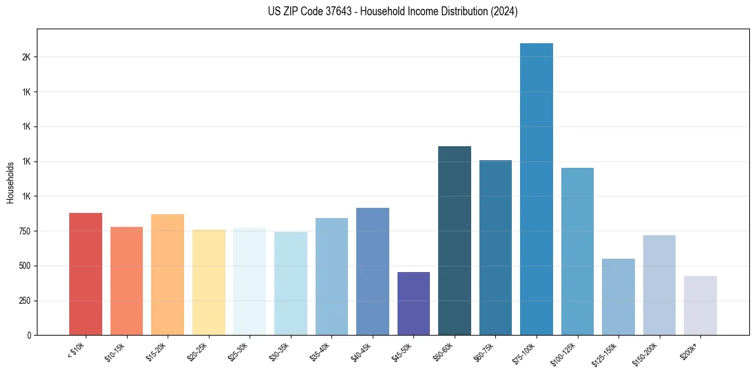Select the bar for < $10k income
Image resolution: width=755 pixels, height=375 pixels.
(86, 274)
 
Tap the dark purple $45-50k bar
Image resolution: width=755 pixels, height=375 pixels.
(413, 303)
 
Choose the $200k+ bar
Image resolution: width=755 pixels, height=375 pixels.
(700, 305)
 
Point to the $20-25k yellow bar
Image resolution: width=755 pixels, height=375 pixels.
(208, 282)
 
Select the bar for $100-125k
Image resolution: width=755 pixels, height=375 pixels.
(577, 251)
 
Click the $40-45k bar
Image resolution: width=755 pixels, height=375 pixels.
(373, 271)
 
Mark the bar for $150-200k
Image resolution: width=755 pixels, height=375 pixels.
(659, 285)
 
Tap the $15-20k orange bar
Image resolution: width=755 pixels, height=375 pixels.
(168, 275)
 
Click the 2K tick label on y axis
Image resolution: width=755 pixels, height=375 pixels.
(26, 57)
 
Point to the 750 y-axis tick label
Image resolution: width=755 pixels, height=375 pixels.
(24, 231)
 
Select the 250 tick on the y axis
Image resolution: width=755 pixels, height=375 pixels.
(24, 301)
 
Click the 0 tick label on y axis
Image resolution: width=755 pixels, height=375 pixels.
(29, 336)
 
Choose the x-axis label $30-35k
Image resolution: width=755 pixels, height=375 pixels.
(280, 351)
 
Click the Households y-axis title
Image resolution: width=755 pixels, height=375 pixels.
(10, 182)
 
